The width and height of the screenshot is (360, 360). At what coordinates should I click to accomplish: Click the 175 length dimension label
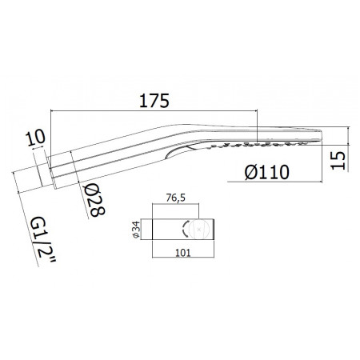tap(154, 101)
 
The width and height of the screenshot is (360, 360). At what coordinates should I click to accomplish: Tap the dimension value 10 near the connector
tap(35, 138)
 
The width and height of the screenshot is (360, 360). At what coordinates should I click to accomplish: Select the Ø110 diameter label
tap(267, 172)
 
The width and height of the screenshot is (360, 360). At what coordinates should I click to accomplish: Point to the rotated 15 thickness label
tap(338, 160)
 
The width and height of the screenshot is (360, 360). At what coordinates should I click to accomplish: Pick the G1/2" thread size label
tap(43, 239)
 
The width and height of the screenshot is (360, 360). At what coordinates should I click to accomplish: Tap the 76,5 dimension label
tap(176, 198)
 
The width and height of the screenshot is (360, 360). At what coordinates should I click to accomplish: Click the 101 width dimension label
tap(183, 253)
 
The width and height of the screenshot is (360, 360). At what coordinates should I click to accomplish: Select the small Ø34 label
tap(136, 230)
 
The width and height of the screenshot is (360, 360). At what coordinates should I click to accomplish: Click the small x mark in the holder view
tap(198, 229)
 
